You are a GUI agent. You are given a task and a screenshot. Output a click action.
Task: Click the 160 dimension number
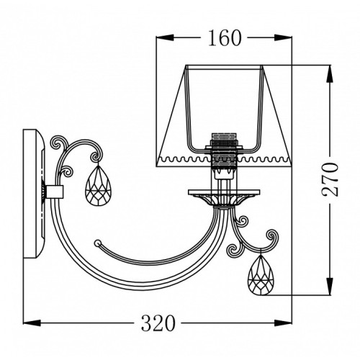(225, 38)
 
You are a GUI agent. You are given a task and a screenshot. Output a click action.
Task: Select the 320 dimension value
(158, 323)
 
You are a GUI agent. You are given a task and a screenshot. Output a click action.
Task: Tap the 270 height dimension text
(330, 179)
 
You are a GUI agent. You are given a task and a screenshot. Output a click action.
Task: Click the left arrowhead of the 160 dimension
(165, 37)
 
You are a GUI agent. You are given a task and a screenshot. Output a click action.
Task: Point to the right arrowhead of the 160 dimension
(283, 37)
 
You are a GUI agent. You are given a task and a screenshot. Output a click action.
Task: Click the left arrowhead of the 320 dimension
(32, 323)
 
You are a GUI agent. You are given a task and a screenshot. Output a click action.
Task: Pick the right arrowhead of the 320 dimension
(283, 323)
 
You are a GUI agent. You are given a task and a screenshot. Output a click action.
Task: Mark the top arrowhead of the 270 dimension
(330, 73)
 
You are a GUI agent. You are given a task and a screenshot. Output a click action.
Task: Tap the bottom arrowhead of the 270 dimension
(330, 287)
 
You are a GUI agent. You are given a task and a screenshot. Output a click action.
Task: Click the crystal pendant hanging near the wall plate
(99, 185)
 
